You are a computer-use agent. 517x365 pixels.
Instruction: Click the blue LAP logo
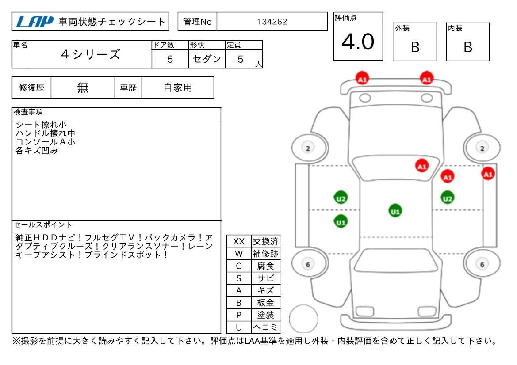pyautogui.click(x=34, y=22)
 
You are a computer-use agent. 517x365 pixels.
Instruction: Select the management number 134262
pyautogui.click(x=272, y=22)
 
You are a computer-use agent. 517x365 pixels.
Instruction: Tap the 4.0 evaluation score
pyautogui.click(x=358, y=42)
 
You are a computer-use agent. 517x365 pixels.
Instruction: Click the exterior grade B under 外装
pyautogui.click(x=415, y=47)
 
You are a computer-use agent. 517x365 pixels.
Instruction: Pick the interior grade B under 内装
pyautogui.click(x=468, y=47)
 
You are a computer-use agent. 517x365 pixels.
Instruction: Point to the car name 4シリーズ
pyautogui.click(x=91, y=54)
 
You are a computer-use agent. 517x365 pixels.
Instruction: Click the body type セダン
pyautogui.click(x=207, y=59)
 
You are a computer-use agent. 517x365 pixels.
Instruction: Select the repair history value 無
pyautogui.click(x=83, y=87)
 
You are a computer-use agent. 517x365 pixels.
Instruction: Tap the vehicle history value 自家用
pyautogui.click(x=178, y=87)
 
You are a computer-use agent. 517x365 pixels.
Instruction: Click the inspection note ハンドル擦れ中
pyautogui.click(x=46, y=133)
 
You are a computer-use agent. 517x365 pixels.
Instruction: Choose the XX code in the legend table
pyautogui.click(x=239, y=241)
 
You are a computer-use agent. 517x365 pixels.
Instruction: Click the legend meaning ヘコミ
pyautogui.click(x=265, y=327)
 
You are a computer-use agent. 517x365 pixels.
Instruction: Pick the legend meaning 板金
pyautogui.click(x=265, y=302)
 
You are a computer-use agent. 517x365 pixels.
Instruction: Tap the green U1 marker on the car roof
pyautogui.click(x=395, y=211)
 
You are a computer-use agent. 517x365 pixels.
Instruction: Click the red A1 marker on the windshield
pyautogui.click(x=422, y=166)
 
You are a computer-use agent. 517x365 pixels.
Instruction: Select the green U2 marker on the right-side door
pyautogui.click(x=448, y=198)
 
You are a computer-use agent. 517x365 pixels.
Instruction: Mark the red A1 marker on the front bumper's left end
pyautogui.click(x=362, y=79)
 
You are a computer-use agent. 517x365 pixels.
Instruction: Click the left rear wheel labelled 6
pyautogui.click(x=308, y=264)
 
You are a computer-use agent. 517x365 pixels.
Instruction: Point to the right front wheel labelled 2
pyautogui.click(x=482, y=148)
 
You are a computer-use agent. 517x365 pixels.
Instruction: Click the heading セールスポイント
pyautogui.click(x=42, y=224)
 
